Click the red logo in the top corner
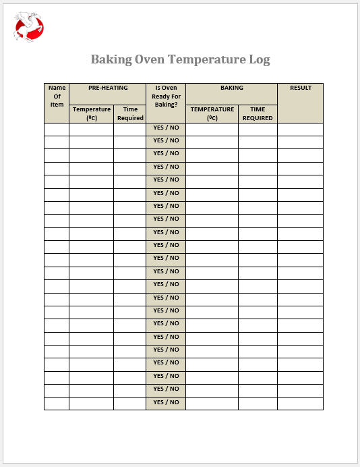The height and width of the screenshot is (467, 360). tap(29, 27)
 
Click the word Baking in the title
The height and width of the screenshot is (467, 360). tap(111, 59)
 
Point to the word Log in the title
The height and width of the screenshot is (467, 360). tap(260, 59)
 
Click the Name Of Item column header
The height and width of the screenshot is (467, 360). tap(57, 96)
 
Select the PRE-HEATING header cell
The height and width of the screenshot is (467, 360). tap(107, 88)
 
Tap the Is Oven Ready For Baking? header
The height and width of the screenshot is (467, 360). tap(166, 96)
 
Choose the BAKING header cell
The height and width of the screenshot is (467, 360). tap(231, 88)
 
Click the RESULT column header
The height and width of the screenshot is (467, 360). tap(300, 88)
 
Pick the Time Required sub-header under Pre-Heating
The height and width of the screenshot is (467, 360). tap(130, 113)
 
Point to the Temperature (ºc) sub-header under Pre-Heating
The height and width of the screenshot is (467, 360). tap(92, 113)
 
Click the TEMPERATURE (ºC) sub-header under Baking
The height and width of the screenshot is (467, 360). tap(212, 113)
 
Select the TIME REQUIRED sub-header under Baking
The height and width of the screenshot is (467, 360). tap(258, 113)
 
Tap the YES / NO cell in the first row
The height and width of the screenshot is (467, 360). tap(166, 128)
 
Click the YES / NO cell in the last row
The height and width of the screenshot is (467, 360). tap(166, 402)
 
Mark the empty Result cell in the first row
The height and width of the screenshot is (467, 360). tap(300, 129)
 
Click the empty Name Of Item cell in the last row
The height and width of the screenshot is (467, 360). tap(57, 404)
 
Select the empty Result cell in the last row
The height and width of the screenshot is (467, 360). tap(300, 404)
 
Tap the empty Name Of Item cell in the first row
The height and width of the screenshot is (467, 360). tap(57, 129)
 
